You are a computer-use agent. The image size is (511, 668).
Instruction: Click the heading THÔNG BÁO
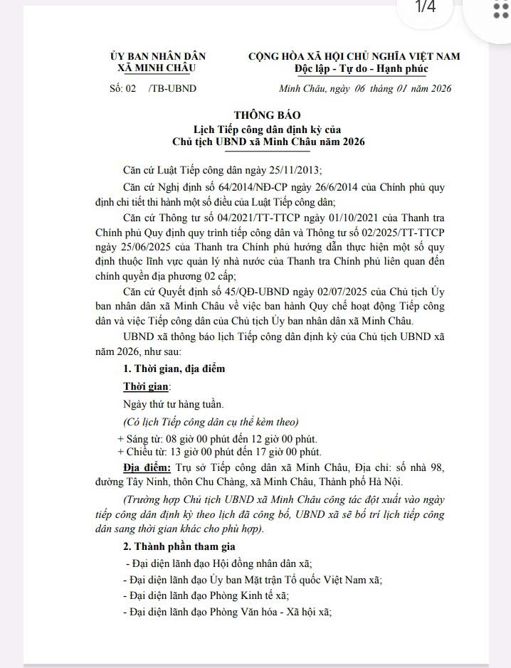point(268,115)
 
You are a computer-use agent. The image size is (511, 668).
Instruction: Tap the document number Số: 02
point(122,88)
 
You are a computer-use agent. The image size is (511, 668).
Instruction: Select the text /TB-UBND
point(173,88)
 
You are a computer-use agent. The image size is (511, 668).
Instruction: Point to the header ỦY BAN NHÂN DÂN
point(157,56)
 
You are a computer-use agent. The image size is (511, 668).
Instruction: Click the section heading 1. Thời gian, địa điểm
point(174,369)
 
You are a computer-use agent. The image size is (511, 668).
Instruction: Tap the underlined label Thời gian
point(146,386)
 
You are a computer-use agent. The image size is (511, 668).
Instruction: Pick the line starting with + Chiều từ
point(219,452)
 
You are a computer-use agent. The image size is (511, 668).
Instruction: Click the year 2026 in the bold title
point(348,142)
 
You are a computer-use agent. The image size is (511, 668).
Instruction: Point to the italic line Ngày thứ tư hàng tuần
point(163,403)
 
